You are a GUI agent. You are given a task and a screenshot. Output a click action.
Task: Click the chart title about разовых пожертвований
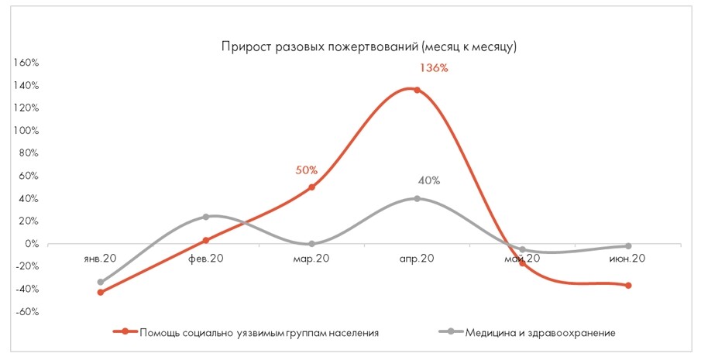point(369,46)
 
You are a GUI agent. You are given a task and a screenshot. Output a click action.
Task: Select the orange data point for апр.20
point(417,90)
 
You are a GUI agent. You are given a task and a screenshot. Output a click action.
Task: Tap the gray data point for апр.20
point(417,199)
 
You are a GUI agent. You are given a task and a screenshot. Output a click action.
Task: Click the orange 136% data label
point(434,68)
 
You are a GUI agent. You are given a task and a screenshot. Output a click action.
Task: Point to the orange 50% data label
point(307,170)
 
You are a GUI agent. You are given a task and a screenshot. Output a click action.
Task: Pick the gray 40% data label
point(428,181)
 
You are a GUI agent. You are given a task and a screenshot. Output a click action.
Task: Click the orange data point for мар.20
point(311,187)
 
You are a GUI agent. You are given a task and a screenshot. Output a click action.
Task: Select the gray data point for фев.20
point(206,217)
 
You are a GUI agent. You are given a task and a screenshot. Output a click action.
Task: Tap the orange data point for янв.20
point(101,292)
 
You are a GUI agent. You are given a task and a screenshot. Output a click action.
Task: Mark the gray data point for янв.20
point(101,283)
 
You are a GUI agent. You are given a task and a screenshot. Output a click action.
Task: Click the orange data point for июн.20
point(628,286)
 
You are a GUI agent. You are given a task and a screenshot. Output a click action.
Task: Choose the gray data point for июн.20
point(628,246)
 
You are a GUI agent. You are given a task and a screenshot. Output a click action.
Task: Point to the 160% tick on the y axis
point(26,63)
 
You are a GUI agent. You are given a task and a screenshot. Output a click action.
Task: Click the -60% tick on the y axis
point(26,312)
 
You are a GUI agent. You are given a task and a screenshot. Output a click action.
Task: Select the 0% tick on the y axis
point(31,244)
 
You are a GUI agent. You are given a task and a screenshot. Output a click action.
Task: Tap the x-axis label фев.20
point(206,259)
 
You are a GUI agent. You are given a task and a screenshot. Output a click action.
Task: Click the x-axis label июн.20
point(628,259)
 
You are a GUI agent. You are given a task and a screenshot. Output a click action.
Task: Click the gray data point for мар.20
point(311,244)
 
